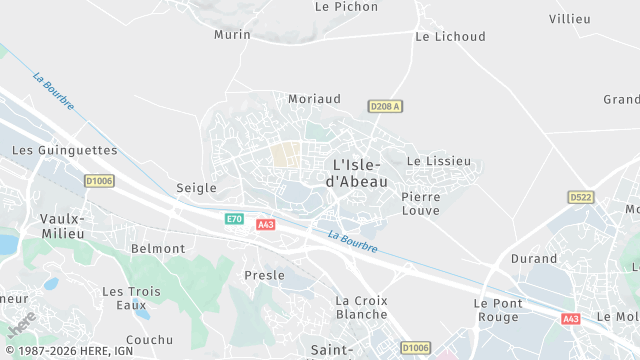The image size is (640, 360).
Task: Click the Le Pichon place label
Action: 346,6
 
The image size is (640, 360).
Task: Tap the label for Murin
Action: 232,35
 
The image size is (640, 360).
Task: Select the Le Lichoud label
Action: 450,37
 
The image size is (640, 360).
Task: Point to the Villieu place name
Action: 570,19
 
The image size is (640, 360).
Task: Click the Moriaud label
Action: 314,99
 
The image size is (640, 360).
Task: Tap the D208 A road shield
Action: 384,106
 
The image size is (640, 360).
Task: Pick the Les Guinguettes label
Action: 64,151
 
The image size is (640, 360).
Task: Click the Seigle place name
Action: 196,188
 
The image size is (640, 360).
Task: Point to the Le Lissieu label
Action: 438,161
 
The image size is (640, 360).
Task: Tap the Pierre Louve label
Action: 420,204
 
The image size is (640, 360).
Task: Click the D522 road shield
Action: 580,197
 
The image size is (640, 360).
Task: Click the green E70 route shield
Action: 234,219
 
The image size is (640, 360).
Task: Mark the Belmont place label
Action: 158,249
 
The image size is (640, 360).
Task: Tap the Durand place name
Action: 533,258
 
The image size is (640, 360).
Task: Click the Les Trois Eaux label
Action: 131,298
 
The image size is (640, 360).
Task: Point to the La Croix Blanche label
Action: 361,307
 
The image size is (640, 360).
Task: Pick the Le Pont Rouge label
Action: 496,310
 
